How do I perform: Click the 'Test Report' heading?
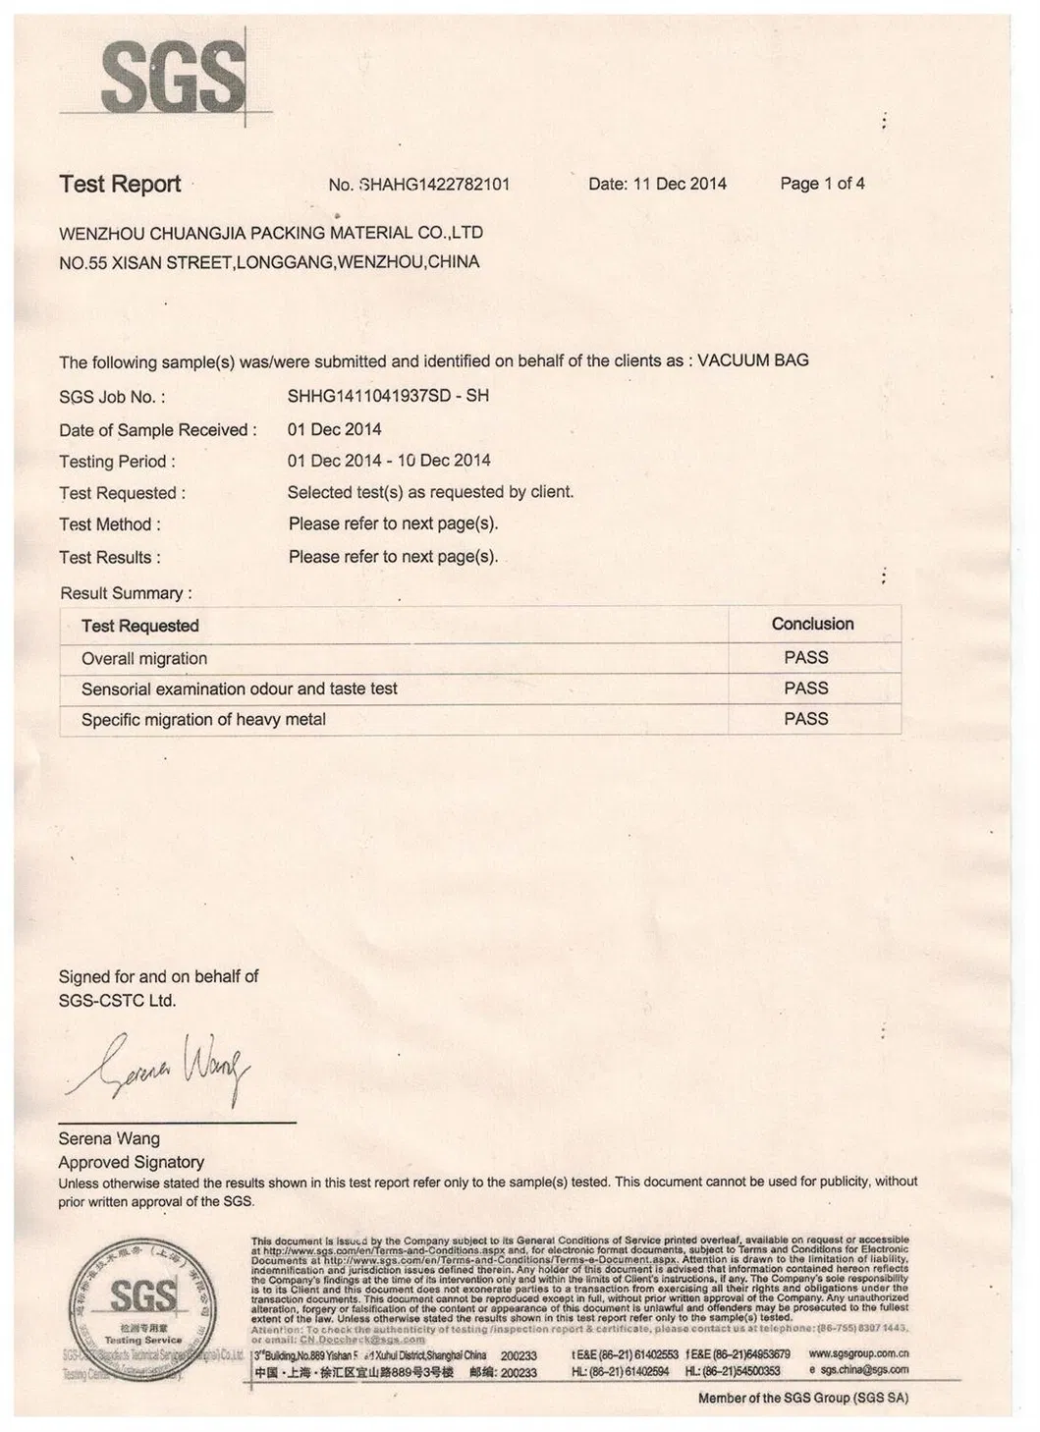120,185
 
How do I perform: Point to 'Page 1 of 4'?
822,184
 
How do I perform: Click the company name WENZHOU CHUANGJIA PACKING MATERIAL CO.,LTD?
271,233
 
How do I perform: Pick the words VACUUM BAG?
753,360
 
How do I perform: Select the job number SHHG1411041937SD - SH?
388,396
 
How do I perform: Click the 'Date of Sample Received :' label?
158,430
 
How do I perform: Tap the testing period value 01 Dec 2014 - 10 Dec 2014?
389,461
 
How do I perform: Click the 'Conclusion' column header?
812,624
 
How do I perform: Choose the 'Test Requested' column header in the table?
140,626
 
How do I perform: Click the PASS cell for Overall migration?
806,657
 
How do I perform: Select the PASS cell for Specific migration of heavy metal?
806,719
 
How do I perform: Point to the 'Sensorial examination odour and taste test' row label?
240,689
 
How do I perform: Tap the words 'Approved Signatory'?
131,1162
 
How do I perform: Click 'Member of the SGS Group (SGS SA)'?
803,1398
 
